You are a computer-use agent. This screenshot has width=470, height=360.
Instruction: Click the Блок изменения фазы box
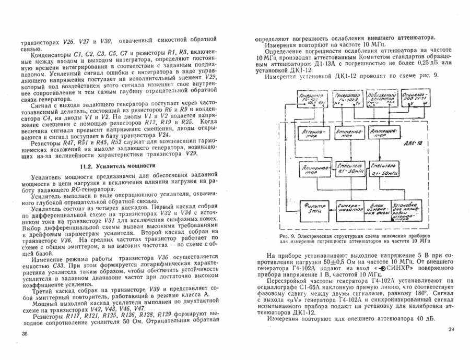377,208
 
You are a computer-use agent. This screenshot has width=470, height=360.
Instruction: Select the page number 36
25,334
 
